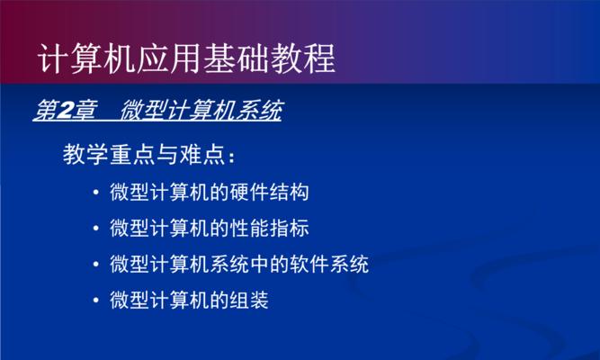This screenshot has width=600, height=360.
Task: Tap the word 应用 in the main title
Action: click(x=168, y=58)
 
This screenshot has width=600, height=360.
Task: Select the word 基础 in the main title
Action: click(x=236, y=58)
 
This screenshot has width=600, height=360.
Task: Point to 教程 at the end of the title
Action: click(x=302, y=58)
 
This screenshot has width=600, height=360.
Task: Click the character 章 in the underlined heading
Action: click(x=84, y=111)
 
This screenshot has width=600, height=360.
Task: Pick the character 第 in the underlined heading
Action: click(x=45, y=111)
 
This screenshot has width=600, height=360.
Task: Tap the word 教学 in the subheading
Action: click(x=85, y=154)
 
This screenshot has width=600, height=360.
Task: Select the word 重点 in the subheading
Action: click(x=132, y=154)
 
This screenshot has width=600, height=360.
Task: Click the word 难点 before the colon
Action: click(x=202, y=154)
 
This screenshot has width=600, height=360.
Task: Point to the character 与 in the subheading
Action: click(x=167, y=154)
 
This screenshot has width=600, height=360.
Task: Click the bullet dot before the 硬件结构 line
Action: click(x=96, y=193)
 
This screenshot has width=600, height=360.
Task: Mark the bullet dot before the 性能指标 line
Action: click(x=96, y=229)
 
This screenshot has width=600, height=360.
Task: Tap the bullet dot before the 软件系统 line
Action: click(x=96, y=265)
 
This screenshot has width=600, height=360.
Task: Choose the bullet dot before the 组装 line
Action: click(x=96, y=301)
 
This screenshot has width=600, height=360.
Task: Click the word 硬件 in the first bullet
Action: click(x=249, y=192)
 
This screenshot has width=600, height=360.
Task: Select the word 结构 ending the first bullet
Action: click(x=290, y=192)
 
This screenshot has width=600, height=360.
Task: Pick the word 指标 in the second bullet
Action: click(x=290, y=229)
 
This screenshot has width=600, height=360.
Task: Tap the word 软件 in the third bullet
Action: click(x=309, y=264)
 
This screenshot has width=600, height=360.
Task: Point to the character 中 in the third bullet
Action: click(x=259, y=264)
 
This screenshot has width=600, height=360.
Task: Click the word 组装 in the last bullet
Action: click(x=249, y=300)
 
